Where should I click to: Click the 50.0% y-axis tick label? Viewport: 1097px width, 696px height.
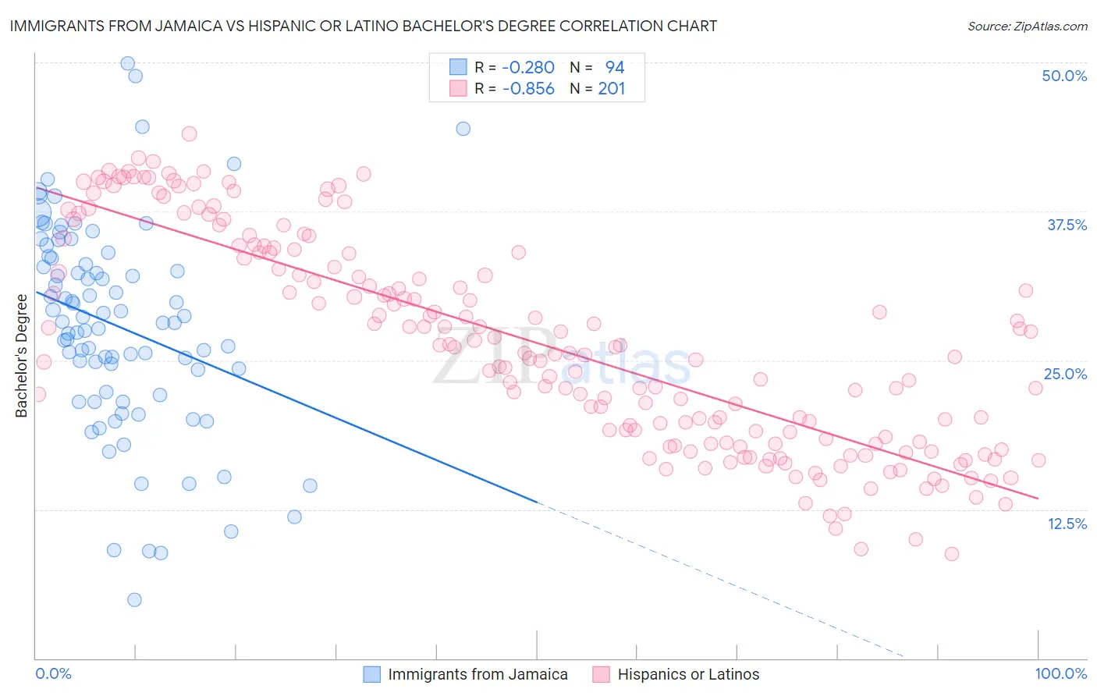(x=1064, y=76)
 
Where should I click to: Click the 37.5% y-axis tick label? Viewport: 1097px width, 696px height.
(x=1067, y=225)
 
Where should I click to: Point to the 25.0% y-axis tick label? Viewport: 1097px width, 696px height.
(x=1065, y=374)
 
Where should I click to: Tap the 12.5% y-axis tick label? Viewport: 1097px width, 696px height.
(x=1067, y=524)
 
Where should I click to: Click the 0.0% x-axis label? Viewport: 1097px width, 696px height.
(x=54, y=673)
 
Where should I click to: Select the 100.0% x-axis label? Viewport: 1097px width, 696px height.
(x=1060, y=673)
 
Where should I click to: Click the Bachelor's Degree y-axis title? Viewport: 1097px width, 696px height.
(x=22, y=355)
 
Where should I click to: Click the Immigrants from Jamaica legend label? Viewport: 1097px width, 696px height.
(x=477, y=674)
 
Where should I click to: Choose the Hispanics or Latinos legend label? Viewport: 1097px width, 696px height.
(x=688, y=674)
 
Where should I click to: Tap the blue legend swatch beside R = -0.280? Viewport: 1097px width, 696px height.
(x=457, y=68)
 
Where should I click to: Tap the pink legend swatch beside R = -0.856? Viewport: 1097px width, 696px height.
(x=457, y=89)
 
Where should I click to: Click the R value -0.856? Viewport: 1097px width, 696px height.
(x=528, y=89)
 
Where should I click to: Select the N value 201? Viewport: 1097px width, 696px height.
(x=612, y=89)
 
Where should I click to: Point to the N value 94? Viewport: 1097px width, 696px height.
(x=615, y=68)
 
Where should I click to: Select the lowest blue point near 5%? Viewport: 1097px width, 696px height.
(x=134, y=599)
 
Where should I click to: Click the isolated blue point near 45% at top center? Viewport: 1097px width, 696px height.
(x=463, y=129)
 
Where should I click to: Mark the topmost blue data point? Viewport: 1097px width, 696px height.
(x=127, y=63)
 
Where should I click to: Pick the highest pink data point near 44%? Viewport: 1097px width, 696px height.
(x=189, y=133)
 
